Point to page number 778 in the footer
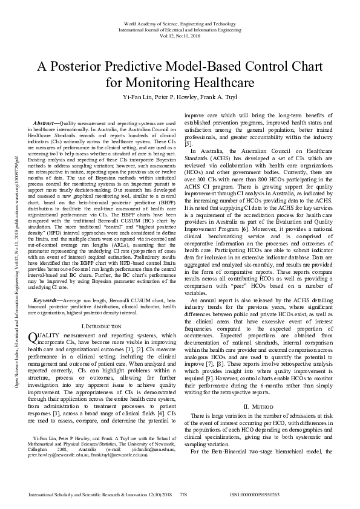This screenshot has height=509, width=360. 183,494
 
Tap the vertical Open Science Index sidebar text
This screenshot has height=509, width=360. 18,254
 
